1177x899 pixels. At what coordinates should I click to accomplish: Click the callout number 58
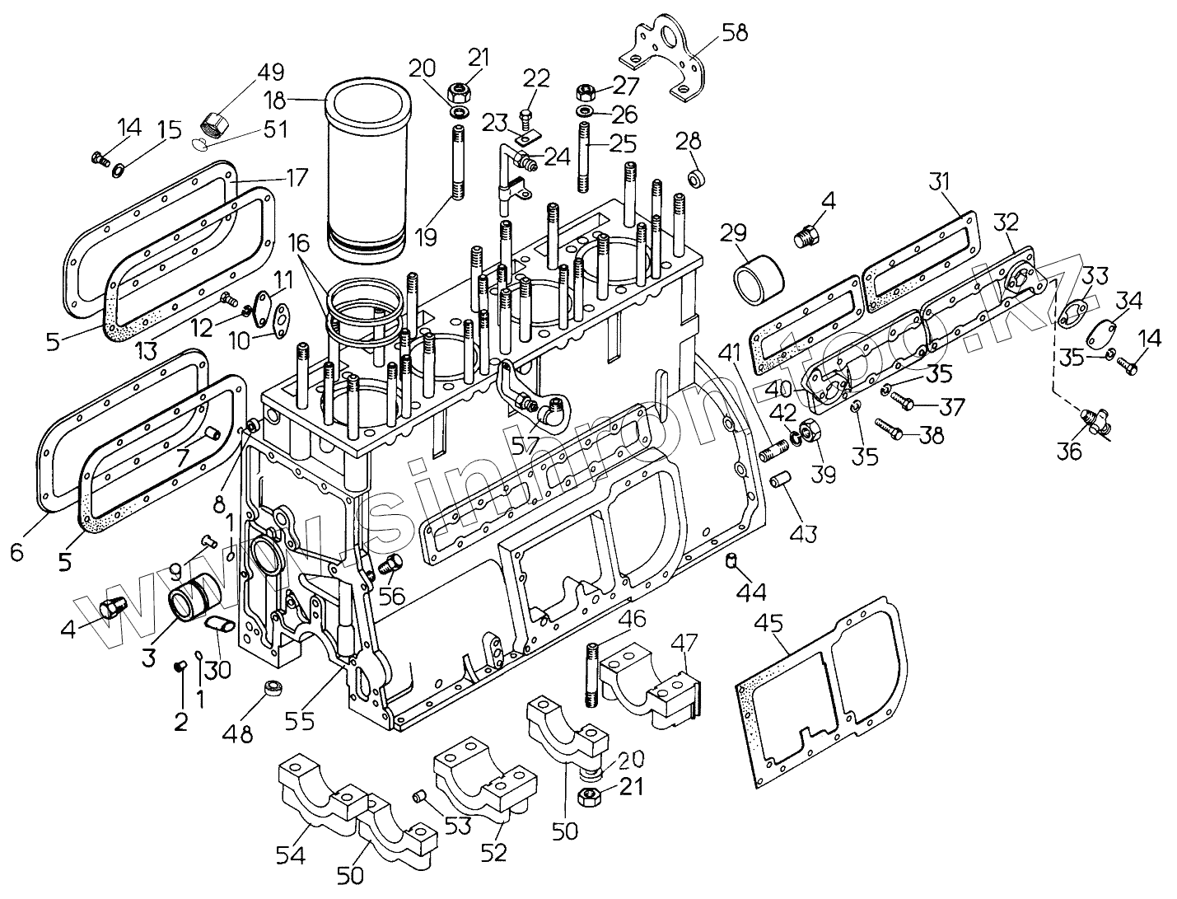pyautogui.click(x=735, y=33)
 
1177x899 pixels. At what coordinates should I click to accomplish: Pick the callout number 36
pyautogui.click(x=1069, y=451)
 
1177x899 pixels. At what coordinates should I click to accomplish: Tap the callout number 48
pyautogui.click(x=241, y=732)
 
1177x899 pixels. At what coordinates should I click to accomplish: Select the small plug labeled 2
pyautogui.click(x=178, y=667)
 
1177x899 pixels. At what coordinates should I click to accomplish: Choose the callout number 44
pyautogui.click(x=751, y=591)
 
